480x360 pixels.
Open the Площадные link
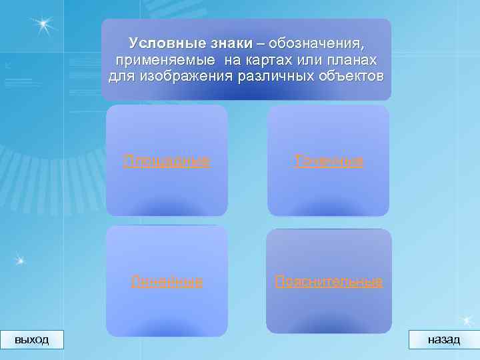[167, 161]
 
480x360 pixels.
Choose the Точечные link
[329, 161]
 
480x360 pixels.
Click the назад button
[443, 339]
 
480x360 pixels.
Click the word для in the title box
[122, 76]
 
